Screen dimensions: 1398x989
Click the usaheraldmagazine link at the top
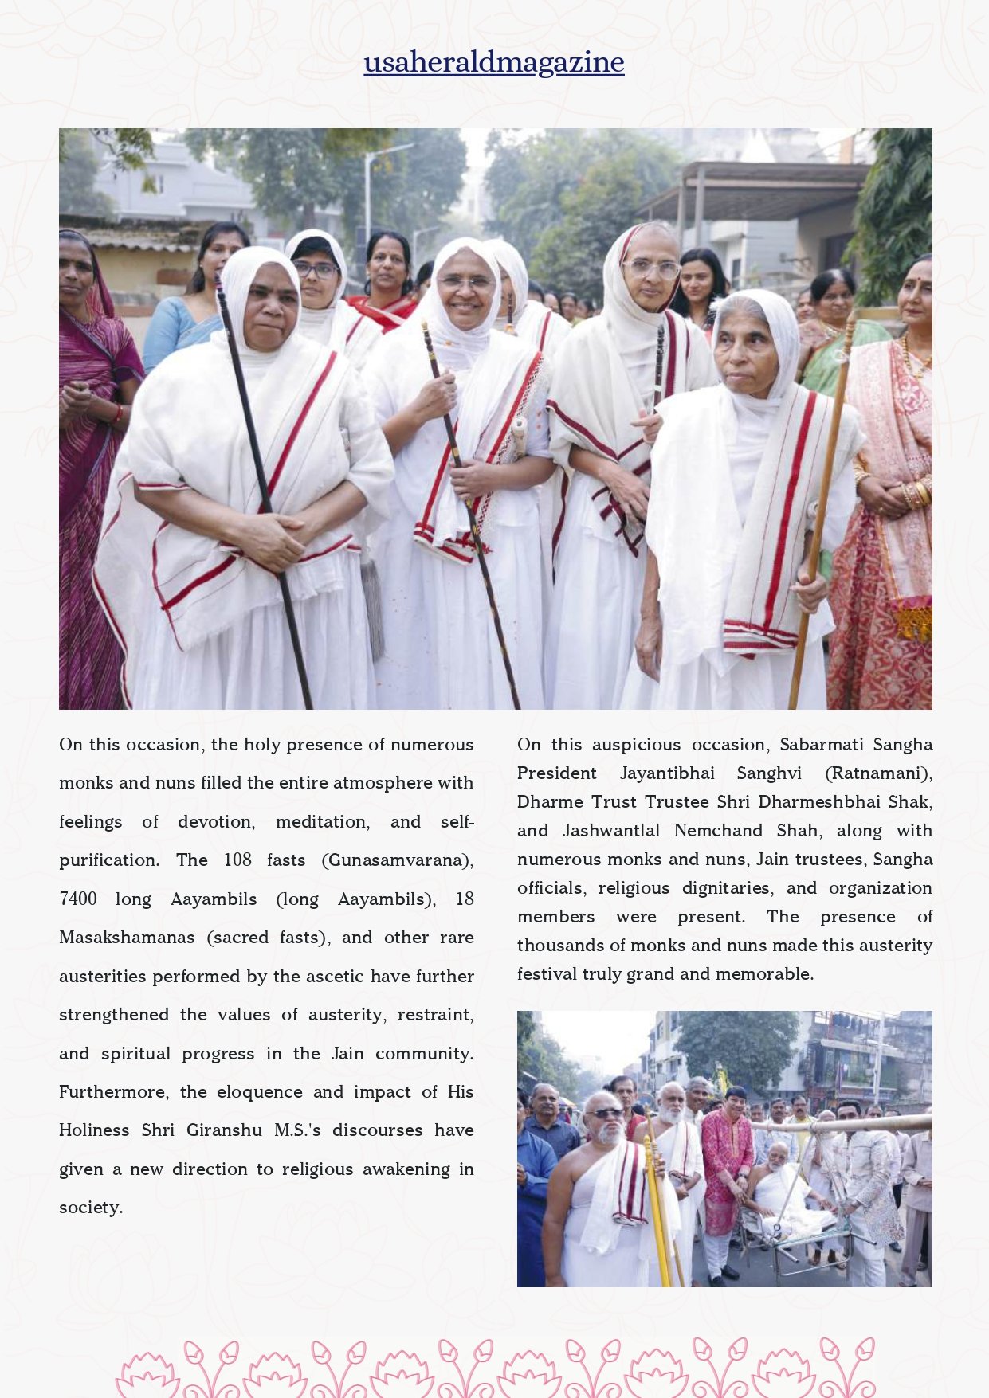494,62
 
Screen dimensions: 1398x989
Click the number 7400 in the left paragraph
77,899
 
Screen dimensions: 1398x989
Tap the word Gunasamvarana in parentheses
398,860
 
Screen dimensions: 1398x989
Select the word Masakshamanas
127,938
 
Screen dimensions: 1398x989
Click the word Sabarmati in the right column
822,745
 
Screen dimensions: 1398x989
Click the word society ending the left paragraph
90,1208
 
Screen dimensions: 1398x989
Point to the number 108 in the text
237,860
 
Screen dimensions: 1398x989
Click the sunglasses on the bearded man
605,1113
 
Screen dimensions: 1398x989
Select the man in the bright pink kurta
726,1155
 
